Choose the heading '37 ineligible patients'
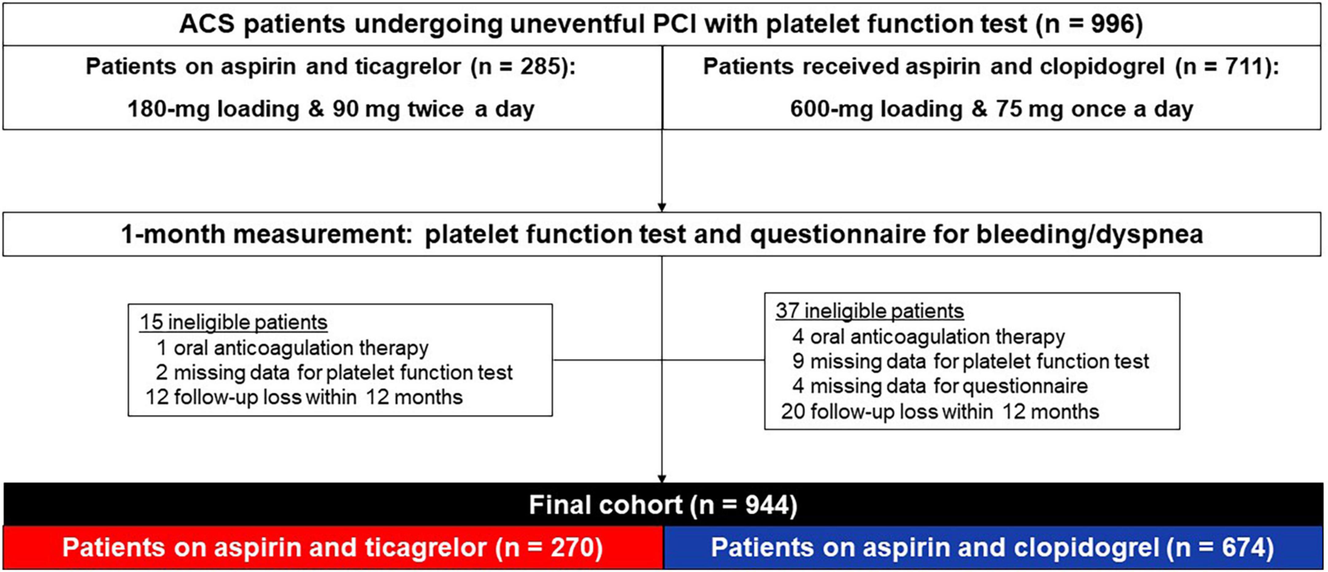870,311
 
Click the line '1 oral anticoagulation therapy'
292,348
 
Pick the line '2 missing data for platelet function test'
334,373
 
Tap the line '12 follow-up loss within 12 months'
304,397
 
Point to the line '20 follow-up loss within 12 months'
940,412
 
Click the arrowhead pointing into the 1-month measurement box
662,207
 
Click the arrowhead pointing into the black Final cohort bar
662,479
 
